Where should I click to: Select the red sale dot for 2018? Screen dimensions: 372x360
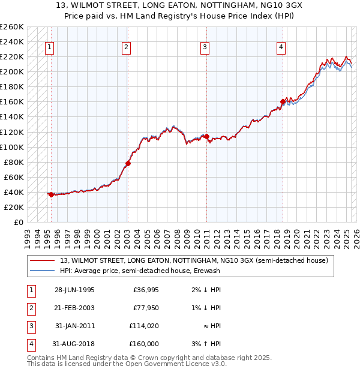(283, 101)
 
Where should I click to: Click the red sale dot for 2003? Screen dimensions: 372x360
(128, 163)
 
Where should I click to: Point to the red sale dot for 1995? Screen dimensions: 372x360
(52, 194)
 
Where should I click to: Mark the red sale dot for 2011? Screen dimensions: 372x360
(207, 136)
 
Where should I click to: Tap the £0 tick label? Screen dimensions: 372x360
(18, 222)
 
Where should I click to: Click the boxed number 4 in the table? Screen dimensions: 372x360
(29, 344)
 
